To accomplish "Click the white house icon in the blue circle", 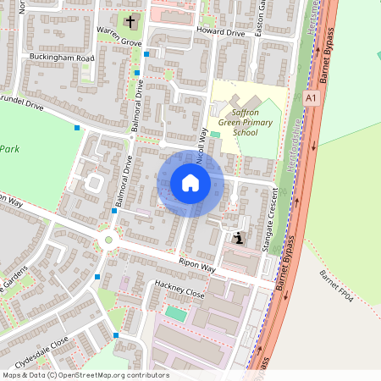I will (190, 183).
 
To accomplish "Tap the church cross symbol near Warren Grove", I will (130, 21).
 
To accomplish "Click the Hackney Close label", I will (179, 289).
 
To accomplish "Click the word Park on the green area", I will (9, 149).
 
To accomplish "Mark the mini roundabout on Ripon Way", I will (108, 240).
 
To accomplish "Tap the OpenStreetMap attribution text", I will (85, 375).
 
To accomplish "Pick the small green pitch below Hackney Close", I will (175, 313).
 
